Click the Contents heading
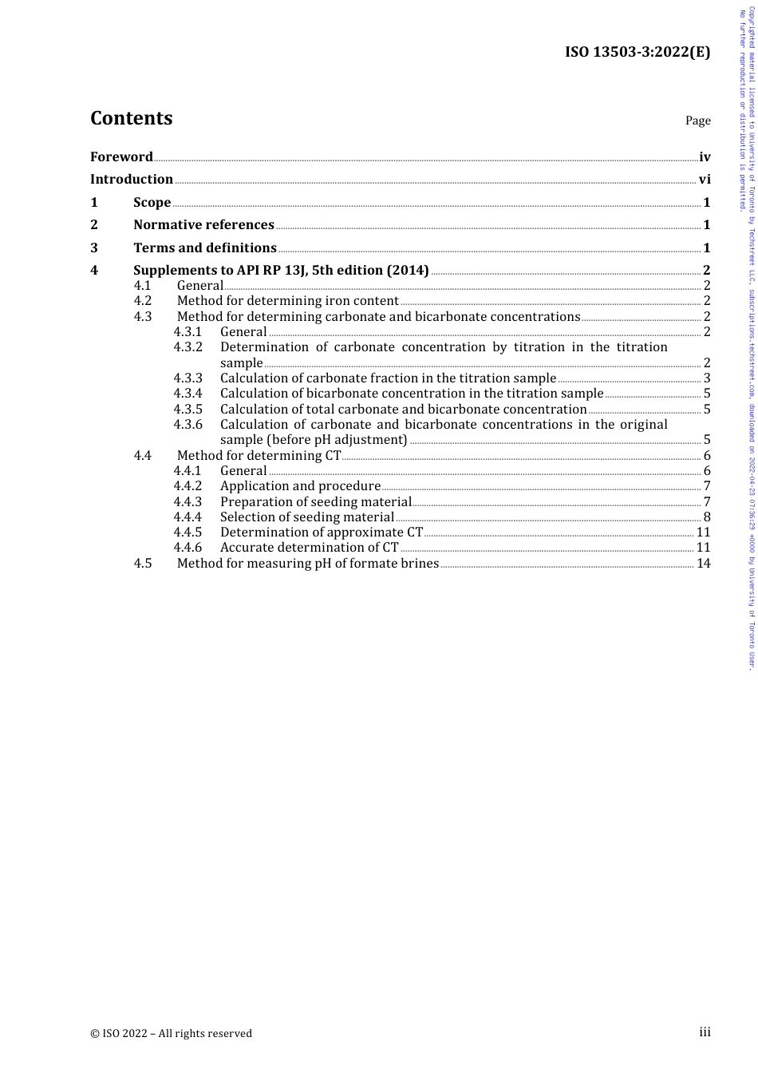(x=131, y=118)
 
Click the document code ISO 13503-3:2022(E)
(x=638, y=53)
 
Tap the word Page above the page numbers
(x=697, y=121)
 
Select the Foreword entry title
(x=121, y=157)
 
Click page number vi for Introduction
(x=705, y=180)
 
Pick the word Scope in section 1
(x=152, y=203)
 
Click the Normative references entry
(x=203, y=225)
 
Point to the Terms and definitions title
(x=205, y=248)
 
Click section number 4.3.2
(x=188, y=347)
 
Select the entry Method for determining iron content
(x=287, y=301)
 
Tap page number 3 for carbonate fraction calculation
(x=707, y=378)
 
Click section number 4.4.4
(x=188, y=517)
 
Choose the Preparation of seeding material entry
(x=315, y=502)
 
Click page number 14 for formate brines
(x=704, y=564)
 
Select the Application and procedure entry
(x=300, y=486)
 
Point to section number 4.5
(x=143, y=564)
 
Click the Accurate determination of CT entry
(x=309, y=548)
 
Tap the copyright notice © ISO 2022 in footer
(x=171, y=1034)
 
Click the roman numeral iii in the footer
(x=705, y=1032)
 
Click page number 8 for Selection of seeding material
(x=707, y=517)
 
